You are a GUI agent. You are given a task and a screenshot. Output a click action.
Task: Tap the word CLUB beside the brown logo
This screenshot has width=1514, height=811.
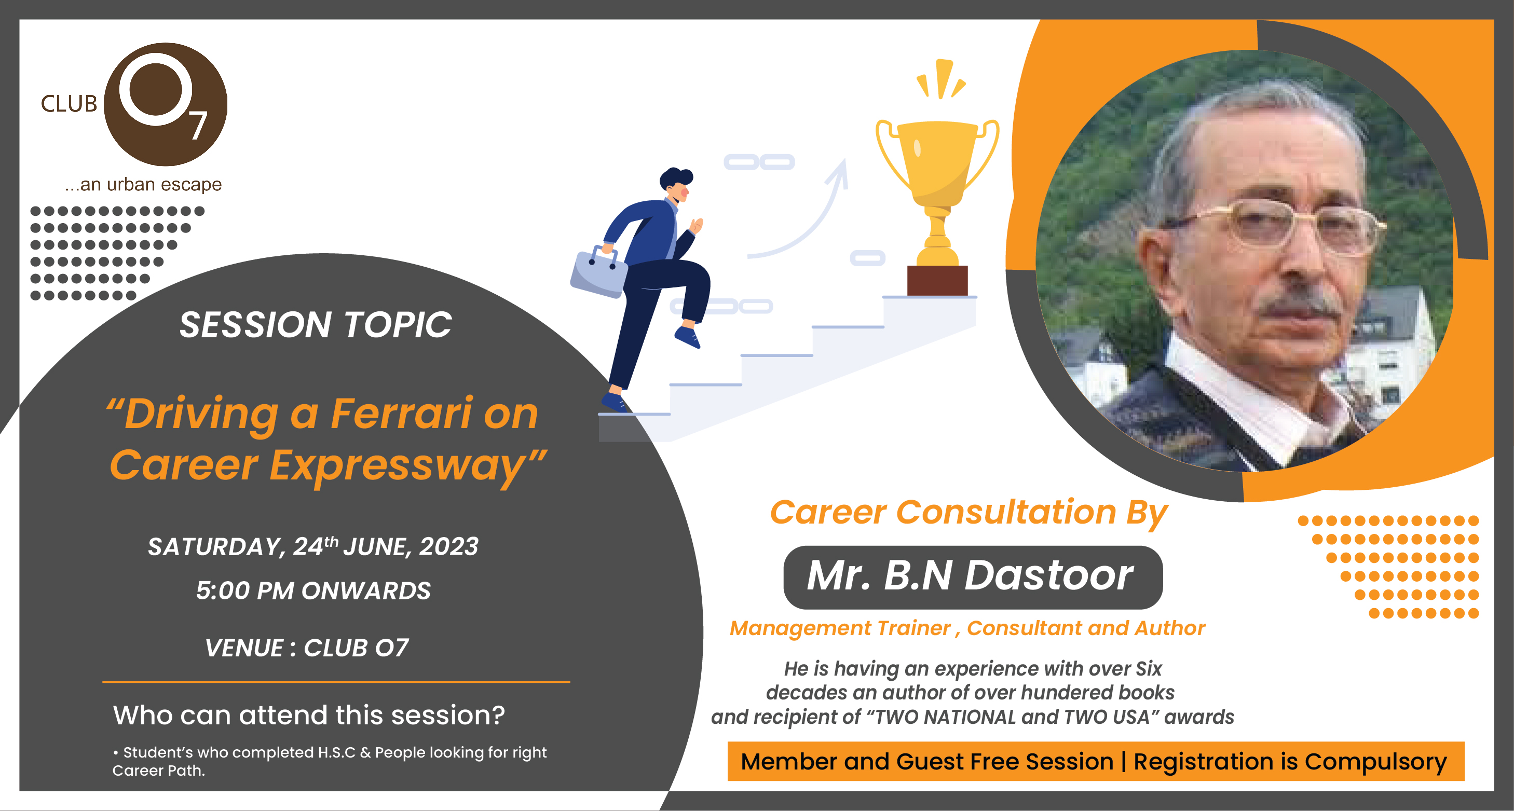69,104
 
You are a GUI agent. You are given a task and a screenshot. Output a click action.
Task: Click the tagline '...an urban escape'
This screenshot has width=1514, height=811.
143,185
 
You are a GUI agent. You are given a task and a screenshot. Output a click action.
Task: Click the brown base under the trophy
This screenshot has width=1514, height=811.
937,280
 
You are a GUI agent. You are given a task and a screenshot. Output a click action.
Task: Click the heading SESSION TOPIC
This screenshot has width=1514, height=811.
316,324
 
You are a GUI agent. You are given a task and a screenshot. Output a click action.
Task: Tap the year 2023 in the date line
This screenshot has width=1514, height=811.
449,546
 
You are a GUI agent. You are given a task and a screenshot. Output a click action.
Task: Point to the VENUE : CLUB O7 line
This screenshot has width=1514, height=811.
306,648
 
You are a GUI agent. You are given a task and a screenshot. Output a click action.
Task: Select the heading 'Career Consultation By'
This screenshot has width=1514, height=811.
969,513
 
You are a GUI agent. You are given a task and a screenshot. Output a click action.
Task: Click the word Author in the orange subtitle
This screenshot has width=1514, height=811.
1170,628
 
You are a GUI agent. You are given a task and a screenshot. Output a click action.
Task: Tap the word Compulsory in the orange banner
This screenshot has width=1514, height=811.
1376,762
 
